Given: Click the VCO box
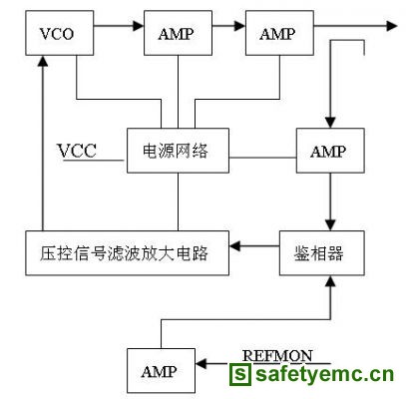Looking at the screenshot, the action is coord(60,33).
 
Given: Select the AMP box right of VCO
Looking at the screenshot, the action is coord(178,33).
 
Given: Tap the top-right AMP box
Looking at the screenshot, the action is coord(279,33).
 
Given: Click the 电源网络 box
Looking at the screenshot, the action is coord(178,151).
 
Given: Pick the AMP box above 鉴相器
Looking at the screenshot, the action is coord(330,151).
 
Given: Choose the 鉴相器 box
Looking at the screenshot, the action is coord(322,253).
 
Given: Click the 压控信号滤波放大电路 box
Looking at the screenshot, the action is coord(127,253).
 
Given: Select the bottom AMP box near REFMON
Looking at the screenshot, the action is coord(161,371).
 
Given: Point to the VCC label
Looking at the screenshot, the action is coord(77,151).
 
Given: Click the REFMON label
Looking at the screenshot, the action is coord(277,356).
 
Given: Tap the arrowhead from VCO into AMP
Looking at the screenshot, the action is coord(138,25).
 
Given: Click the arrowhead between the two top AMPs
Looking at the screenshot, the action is coord(239,25).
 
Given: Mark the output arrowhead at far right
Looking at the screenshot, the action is coord(392,25).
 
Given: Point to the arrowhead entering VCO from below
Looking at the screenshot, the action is coord(43,61).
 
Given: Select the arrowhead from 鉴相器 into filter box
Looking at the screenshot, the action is coord(234,246).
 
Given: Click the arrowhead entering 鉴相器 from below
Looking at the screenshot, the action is coord(330,281).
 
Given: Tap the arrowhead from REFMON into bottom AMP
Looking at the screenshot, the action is coord(202,363).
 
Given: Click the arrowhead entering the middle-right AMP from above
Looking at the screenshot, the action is coord(330,123).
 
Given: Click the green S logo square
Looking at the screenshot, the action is coord(240,374).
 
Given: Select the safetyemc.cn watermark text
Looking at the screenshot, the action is coord(324,374).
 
